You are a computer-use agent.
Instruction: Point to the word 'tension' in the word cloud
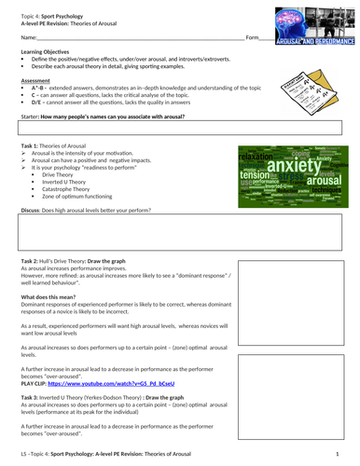click(x=253, y=174)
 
